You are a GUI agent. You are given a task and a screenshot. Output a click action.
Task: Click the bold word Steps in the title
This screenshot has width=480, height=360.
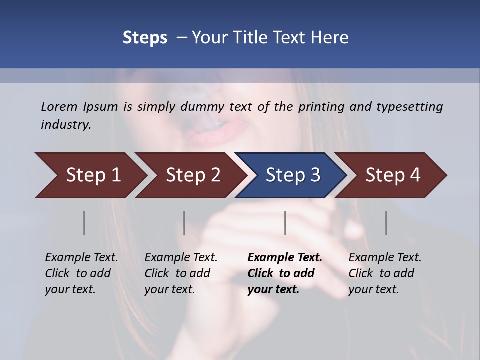(x=145, y=37)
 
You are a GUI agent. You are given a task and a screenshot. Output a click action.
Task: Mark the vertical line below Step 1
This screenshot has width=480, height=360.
(x=84, y=223)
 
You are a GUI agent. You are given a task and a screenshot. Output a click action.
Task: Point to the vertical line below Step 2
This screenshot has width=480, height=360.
(x=184, y=223)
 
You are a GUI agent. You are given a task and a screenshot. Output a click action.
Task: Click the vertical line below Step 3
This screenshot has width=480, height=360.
(x=285, y=223)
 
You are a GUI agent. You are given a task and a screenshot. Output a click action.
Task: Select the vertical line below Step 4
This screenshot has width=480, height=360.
(x=386, y=223)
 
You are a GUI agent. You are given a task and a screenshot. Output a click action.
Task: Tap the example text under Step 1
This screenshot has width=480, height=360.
(x=81, y=273)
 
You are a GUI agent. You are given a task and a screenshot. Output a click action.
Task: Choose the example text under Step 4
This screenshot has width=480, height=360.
(x=385, y=273)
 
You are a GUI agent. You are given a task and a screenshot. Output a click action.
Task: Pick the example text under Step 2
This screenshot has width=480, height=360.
(x=181, y=273)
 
